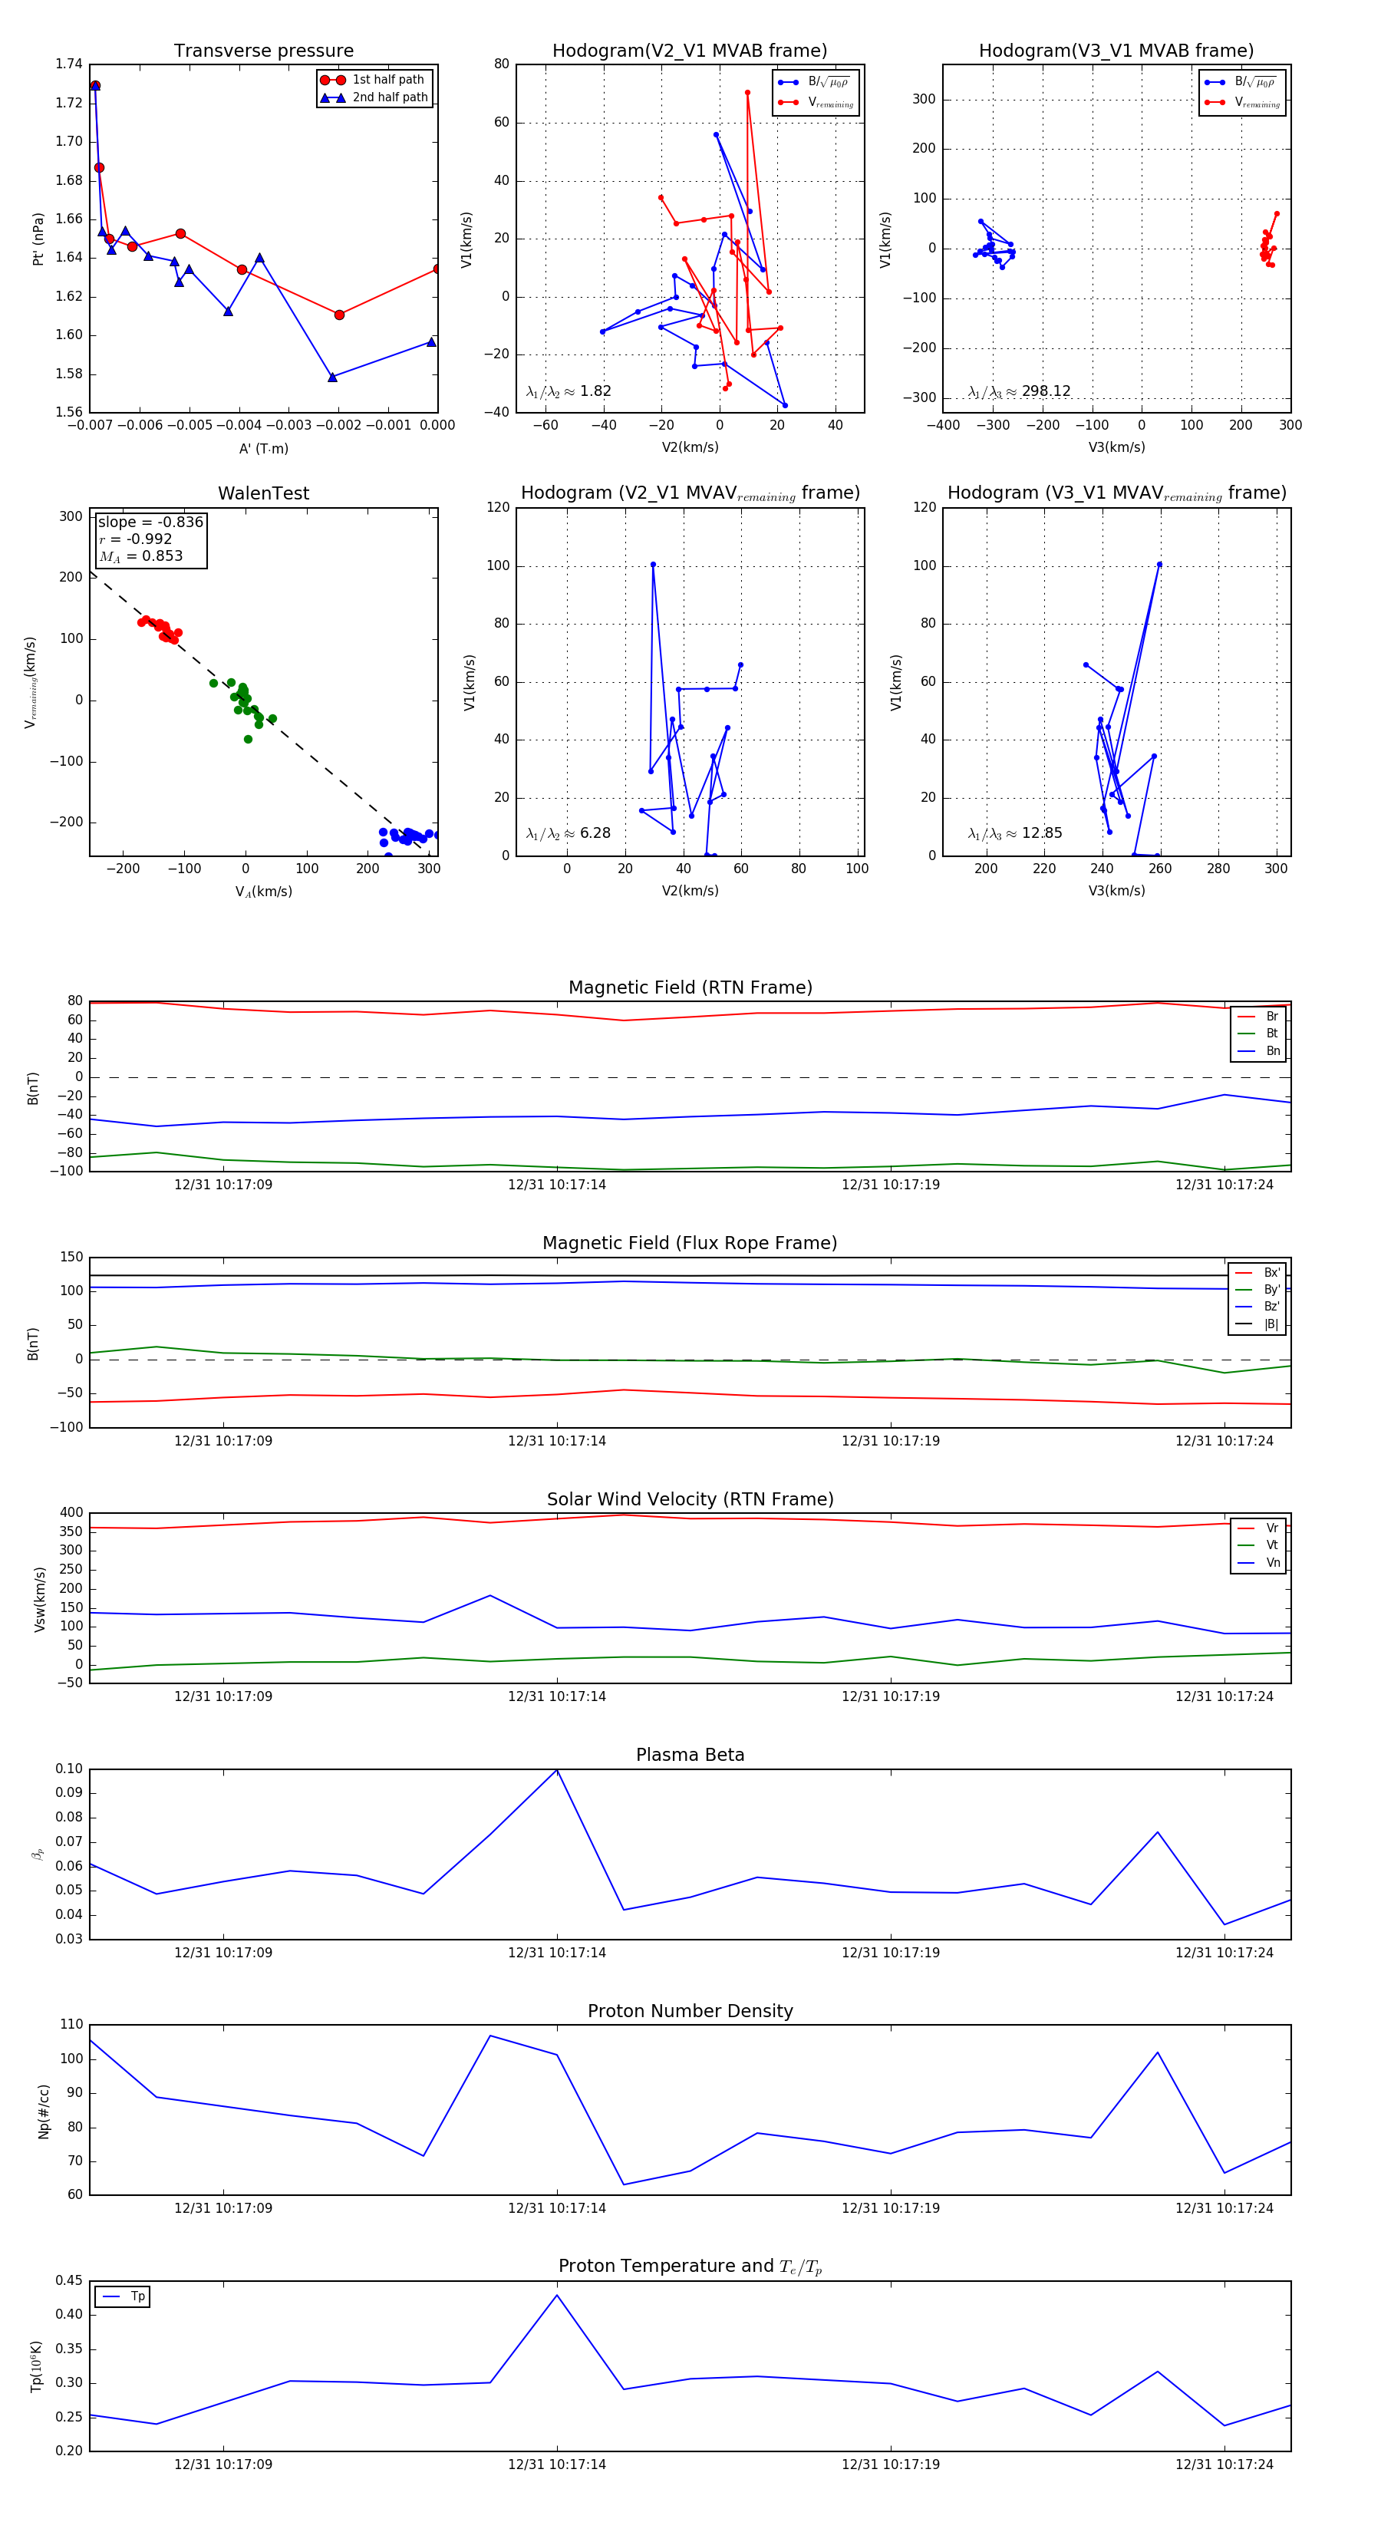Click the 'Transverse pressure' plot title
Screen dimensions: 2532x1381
pos(263,51)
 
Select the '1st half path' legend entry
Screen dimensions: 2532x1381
pos(387,80)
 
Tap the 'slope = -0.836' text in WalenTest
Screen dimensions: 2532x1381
pos(150,522)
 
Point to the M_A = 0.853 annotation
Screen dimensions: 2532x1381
pos(140,556)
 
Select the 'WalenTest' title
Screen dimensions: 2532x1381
pos(263,493)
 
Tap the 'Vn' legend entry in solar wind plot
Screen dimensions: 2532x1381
pos(1272,1563)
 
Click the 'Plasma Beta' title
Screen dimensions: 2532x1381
pos(690,1755)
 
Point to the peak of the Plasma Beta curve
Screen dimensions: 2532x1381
pos(557,1769)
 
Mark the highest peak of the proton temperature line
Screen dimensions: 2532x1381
pos(557,2295)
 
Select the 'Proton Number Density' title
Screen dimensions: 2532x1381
pos(690,2011)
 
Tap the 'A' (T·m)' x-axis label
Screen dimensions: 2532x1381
pos(263,448)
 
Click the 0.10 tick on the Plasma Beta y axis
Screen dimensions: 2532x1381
pos(69,1769)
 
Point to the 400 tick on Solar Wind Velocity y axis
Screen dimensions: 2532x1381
pos(71,1513)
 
